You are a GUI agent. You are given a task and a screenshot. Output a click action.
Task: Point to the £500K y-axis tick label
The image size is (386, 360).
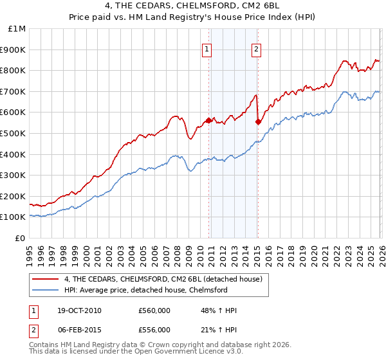pyautogui.click(x=14, y=134)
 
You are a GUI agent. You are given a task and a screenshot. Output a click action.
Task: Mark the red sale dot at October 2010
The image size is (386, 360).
pyautogui.click(x=209, y=120)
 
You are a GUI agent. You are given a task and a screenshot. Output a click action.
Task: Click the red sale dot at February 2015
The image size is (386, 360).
pyautogui.click(x=258, y=121)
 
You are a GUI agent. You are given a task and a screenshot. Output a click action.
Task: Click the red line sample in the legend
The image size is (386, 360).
pyautogui.click(x=46, y=279)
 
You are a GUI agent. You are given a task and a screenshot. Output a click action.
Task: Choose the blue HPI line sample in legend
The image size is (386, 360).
pyautogui.click(x=46, y=291)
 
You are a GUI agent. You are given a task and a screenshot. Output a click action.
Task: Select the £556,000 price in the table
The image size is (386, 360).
pyautogui.click(x=154, y=330)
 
